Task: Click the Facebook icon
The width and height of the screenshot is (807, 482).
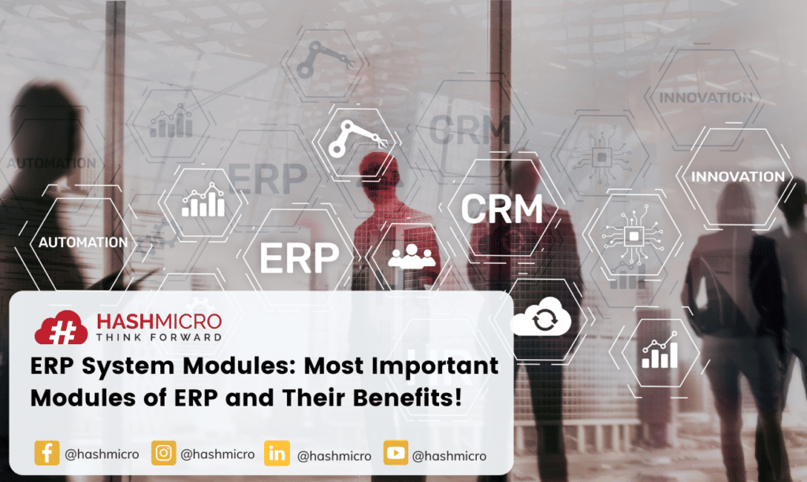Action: [47, 454]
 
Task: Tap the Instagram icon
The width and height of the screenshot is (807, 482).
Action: [163, 454]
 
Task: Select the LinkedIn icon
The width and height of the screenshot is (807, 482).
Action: [277, 454]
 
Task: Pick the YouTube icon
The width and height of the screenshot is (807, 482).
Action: [396, 454]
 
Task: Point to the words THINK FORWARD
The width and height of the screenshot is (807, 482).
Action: [158, 336]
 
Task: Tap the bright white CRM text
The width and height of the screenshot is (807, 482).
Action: [501, 209]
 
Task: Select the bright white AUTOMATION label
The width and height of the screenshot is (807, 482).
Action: [83, 242]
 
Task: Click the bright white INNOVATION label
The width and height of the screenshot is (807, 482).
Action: [738, 176]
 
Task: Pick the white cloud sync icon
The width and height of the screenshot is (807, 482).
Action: [540, 321]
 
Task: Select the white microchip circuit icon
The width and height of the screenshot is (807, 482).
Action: [631, 234]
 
